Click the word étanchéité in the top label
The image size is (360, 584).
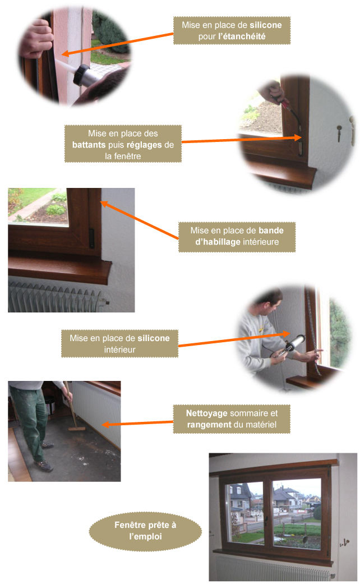tap(242, 36)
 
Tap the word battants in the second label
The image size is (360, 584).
tap(89, 145)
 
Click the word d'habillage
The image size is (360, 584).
tap(218, 242)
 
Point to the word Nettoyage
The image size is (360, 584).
tap(206, 413)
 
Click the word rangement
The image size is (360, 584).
tap(209, 425)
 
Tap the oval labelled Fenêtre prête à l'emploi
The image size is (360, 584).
tap(145, 531)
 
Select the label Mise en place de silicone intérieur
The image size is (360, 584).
tap(120, 344)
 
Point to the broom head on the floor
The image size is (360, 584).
tap(77, 429)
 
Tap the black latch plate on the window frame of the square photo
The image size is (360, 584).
tap(91, 238)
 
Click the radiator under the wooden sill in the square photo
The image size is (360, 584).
tap(56, 297)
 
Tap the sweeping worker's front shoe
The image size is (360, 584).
tap(45, 465)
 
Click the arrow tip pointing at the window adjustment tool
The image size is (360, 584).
tap(300, 138)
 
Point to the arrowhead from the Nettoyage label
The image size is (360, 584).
tap(105, 425)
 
